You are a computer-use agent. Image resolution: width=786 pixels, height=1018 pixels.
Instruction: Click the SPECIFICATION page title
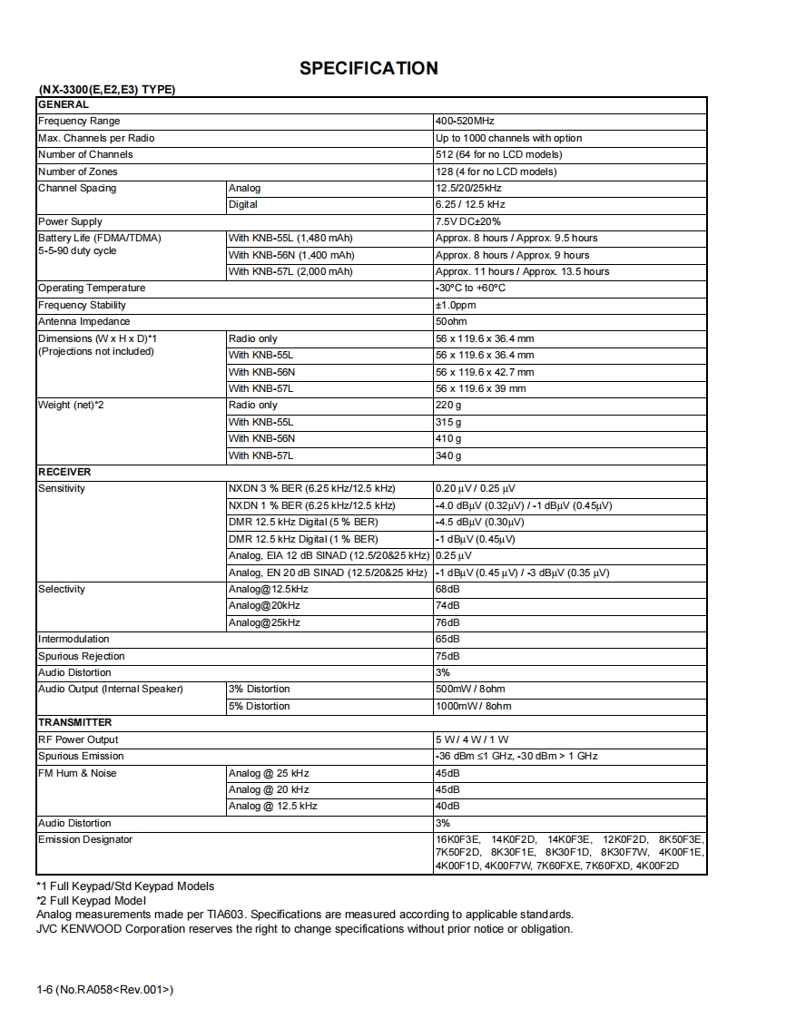[x=368, y=68]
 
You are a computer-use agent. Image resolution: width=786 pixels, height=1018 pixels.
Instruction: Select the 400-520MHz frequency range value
[x=465, y=121]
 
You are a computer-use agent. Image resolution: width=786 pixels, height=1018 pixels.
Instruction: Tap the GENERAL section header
[x=64, y=104]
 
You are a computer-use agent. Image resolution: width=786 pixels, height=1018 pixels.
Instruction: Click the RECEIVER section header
[x=64, y=472]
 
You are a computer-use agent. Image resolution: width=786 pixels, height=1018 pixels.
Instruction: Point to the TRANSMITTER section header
[x=75, y=722]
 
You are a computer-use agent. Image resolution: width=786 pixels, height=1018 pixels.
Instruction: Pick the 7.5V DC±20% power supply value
[x=468, y=221]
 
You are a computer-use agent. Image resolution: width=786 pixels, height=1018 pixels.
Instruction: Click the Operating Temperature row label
[x=92, y=288]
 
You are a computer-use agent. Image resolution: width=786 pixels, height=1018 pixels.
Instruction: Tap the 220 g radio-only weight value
[x=448, y=406]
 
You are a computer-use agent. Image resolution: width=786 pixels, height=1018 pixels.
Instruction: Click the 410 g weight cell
[x=448, y=438]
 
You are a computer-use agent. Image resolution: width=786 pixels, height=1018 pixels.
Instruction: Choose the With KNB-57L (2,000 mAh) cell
[x=291, y=271]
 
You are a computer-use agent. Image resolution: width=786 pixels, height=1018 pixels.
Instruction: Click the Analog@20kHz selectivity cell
[x=264, y=605]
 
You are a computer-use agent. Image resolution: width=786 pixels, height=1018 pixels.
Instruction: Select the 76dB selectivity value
[x=447, y=622]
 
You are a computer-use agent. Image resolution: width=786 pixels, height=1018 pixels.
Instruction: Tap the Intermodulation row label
[x=74, y=639]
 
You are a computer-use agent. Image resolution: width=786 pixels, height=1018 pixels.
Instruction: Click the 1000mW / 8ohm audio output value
[x=473, y=706]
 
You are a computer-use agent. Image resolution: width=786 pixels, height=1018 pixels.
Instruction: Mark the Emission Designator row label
[x=85, y=839]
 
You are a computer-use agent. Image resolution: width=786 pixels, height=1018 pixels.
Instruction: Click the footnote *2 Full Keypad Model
[x=91, y=900]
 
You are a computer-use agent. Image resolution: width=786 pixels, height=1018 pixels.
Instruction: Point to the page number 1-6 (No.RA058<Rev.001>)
[x=105, y=989]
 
